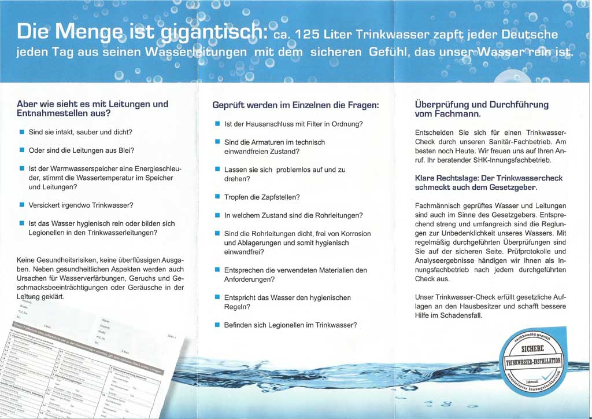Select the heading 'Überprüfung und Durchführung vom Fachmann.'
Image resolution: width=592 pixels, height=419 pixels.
(x=482, y=109)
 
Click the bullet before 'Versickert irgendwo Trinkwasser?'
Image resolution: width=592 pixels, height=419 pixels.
(x=21, y=205)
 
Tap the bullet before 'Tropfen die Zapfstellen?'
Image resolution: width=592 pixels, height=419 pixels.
(x=217, y=197)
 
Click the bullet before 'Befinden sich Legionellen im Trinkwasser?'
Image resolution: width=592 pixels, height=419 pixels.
(x=217, y=325)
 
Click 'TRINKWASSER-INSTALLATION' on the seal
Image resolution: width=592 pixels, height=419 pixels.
(x=533, y=362)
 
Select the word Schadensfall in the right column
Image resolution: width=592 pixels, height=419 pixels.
(x=462, y=316)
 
